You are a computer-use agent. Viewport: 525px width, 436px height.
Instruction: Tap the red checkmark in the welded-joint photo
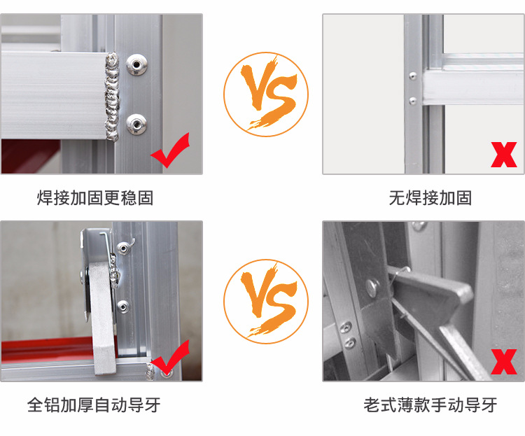tap(170, 152)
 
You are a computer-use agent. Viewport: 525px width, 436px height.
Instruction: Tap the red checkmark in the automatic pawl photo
tap(170, 358)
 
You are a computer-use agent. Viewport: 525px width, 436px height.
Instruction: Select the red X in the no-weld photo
tap(503, 155)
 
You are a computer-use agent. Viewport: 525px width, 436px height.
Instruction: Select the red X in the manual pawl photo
tap(503, 362)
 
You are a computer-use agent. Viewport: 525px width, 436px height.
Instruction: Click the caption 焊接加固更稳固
tap(95, 198)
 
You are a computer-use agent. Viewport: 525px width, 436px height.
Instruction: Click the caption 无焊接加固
tap(430, 198)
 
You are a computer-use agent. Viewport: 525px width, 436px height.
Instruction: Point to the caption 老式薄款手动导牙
tap(430, 405)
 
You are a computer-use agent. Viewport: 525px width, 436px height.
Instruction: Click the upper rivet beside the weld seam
tap(136, 66)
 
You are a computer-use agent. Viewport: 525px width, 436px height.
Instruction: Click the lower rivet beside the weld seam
tap(136, 126)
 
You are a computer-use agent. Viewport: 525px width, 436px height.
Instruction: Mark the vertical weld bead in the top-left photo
tap(112, 94)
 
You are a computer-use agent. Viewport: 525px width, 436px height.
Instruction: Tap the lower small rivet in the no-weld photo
tap(412, 100)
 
